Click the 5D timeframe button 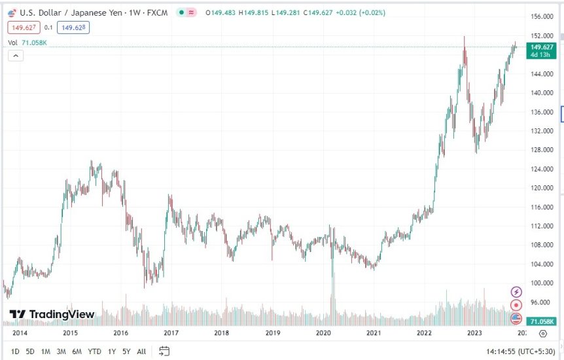tap(30, 351)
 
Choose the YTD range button tap(94, 351)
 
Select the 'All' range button tap(141, 351)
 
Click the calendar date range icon tap(165, 351)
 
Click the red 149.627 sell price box tap(24, 27)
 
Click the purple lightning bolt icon tap(516, 292)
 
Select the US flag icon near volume tap(516, 319)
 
